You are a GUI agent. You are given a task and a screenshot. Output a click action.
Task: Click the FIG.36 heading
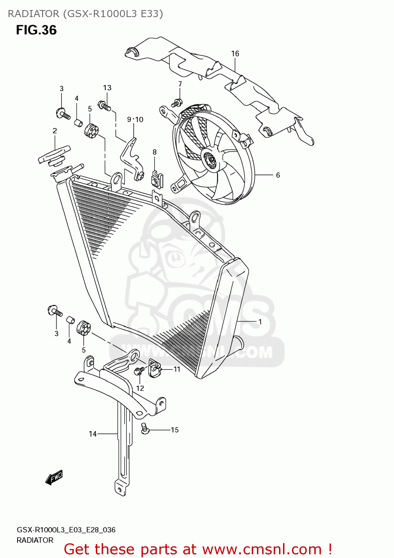pos(36,30)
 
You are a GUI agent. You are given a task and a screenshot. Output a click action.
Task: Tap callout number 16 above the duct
pos(235,54)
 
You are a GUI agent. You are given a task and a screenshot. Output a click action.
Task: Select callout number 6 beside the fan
pos(278,175)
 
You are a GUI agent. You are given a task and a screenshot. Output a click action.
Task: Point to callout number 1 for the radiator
pos(260,322)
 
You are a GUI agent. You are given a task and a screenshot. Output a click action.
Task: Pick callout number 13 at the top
pos(107,88)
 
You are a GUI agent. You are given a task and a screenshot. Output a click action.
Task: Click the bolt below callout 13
pos(104,106)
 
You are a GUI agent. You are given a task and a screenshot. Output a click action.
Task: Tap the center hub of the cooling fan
pos(211,160)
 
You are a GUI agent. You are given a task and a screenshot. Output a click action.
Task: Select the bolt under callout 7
pos(176,103)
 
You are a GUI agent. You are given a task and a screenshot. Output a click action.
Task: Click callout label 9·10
pos(135,119)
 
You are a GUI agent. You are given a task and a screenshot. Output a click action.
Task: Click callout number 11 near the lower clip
pos(177,369)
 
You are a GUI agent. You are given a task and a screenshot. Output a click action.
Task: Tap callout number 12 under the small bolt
pos(140,388)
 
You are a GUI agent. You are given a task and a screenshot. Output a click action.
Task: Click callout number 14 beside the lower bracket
pos(93,434)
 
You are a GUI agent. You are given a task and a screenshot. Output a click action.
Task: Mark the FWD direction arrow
pos(54,477)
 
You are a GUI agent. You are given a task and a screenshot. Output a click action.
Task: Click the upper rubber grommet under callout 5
pos(91,131)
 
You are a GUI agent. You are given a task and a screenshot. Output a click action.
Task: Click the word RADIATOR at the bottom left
pos(35,540)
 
